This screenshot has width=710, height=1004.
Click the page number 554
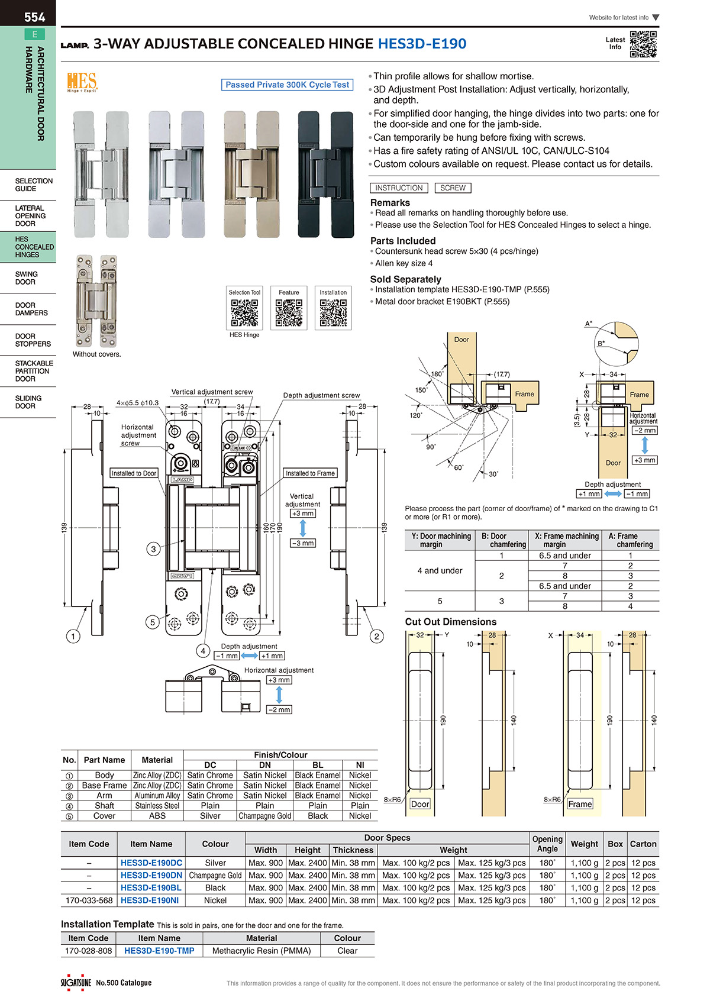34,17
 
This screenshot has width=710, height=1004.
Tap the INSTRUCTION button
399,188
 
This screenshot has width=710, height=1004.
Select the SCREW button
453,188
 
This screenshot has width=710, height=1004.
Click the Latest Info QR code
643,44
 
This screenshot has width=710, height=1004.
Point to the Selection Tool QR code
244,312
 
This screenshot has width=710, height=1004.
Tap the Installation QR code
333,312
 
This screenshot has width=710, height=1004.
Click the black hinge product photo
325,175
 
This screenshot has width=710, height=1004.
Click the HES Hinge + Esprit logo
82,82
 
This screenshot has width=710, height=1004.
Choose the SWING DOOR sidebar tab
27,278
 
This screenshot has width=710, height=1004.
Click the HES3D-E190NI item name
150,900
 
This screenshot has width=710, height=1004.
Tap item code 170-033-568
89,900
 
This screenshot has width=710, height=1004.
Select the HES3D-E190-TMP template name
159,951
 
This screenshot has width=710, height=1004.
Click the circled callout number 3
153,549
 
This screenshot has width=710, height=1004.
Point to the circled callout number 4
203,651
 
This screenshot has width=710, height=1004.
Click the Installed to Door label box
134,473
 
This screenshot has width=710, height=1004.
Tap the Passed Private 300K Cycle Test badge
288,85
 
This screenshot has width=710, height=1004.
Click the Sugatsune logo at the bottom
76,983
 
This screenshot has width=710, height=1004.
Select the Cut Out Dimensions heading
451,622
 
